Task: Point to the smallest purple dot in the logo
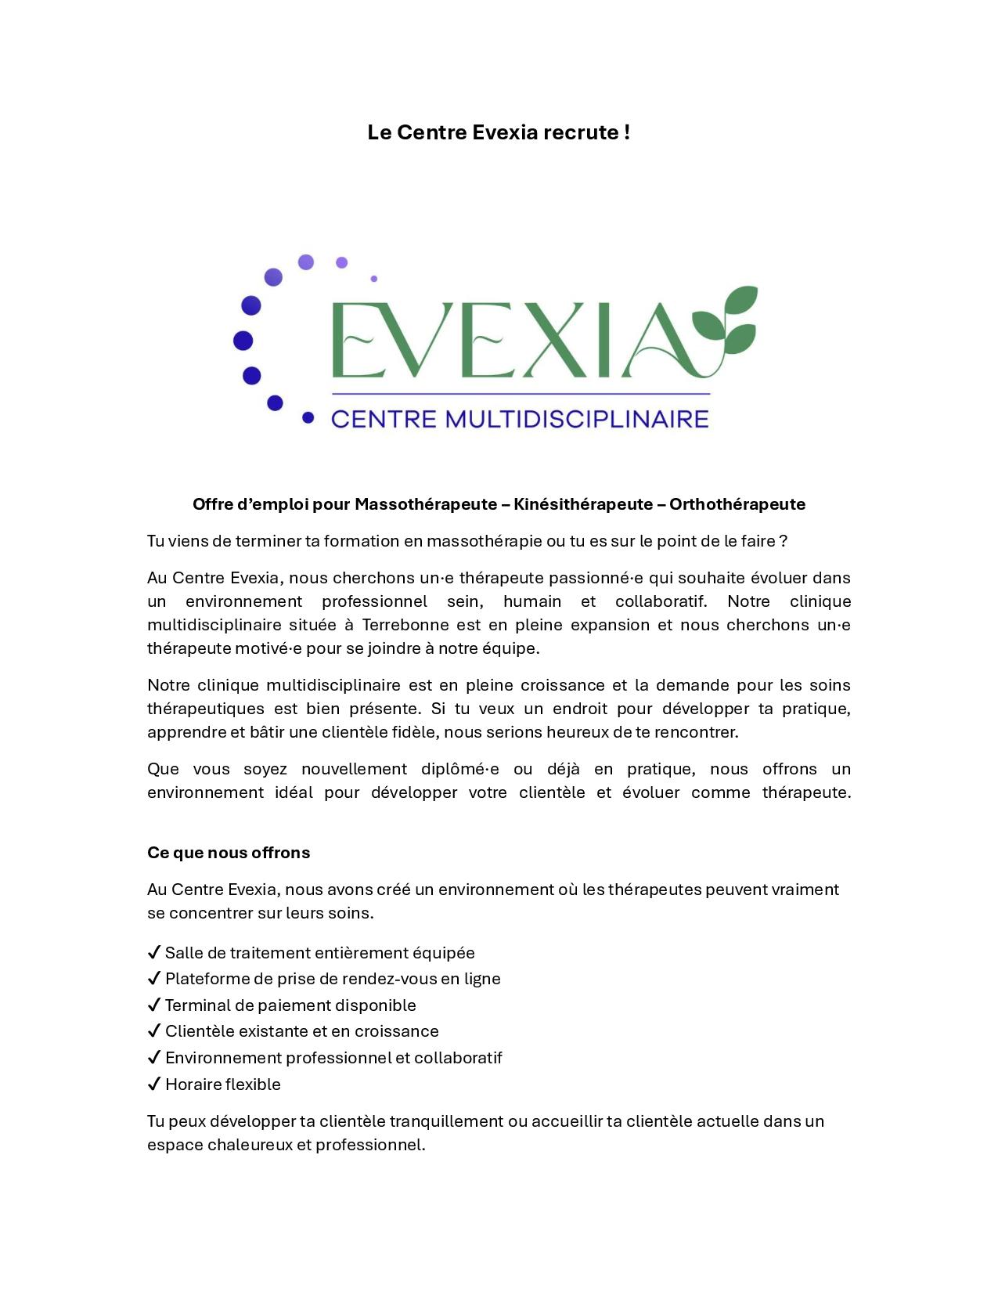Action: pos(374,279)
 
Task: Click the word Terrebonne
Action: pos(405,625)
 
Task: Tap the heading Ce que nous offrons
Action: pos(229,853)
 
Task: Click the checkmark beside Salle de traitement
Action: pos(154,953)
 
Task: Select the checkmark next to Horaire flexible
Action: pos(154,1084)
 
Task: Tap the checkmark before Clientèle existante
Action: pos(154,1031)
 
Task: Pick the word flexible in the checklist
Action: pos(253,1084)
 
